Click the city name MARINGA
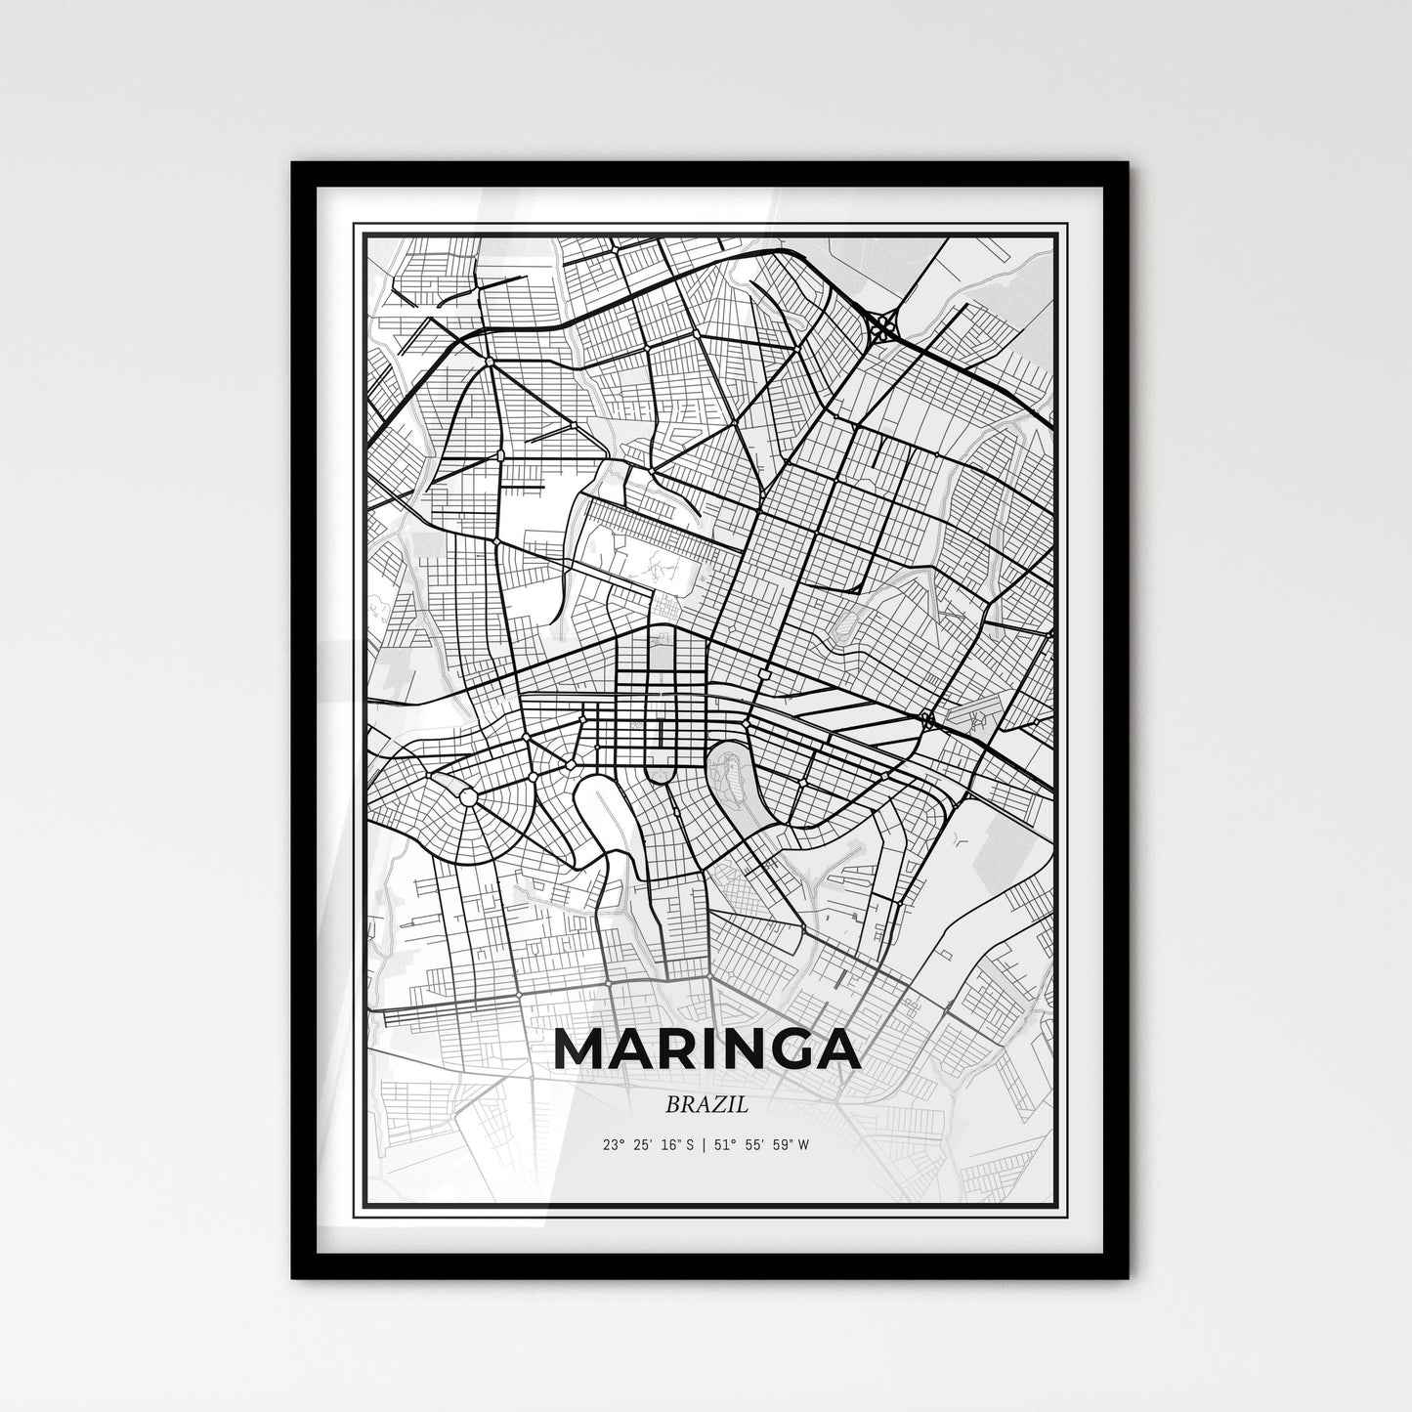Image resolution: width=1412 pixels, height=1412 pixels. pos(706,1049)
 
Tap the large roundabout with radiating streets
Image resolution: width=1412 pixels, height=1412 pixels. pos(468,798)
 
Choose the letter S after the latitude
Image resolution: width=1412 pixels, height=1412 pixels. pos(689,1144)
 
